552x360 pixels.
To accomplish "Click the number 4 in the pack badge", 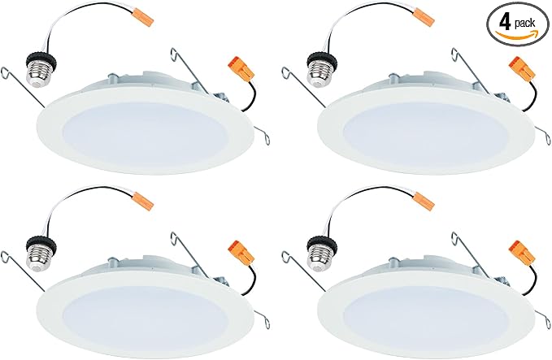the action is tap(505, 23).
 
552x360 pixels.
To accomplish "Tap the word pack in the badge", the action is tap(524, 24).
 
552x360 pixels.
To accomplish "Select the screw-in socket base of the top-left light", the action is tap(41, 70).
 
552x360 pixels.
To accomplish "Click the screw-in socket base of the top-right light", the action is tap(321, 70).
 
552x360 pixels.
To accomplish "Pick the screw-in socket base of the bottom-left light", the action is tap(41, 254).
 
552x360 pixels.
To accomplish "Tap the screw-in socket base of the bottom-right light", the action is tap(321, 254).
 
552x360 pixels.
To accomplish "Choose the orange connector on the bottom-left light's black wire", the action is tap(241, 252).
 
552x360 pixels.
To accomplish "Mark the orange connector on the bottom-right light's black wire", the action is tap(522, 252).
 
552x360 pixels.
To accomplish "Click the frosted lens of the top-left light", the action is tap(145, 134).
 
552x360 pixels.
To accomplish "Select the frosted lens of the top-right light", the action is tap(425, 134).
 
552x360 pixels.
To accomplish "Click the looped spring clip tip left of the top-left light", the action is tap(5, 72).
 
